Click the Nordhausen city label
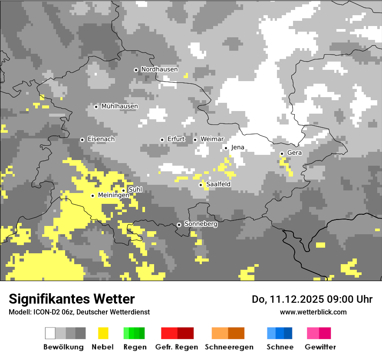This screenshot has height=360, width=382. click(159, 69)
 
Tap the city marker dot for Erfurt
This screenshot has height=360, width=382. click(162, 140)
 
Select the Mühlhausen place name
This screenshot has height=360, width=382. click(119, 106)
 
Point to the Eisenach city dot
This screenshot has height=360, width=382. click(82, 140)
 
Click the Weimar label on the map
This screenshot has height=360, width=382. click(212, 139)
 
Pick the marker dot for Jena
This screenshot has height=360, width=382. click(226, 148)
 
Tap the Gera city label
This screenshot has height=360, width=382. click(294, 153)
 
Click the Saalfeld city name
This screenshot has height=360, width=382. click(218, 184)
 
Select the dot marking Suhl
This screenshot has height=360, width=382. click(123, 190)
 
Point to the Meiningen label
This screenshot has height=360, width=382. click(113, 196)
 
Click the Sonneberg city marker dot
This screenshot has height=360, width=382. click(179, 225)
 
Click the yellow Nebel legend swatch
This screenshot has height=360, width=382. click(103, 333)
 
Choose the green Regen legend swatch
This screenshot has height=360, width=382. click(134, 333)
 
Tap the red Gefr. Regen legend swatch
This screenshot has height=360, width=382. click(177, 333)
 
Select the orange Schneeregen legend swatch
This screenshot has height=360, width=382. click(228, 333)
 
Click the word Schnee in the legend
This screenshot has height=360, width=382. click(280, 347)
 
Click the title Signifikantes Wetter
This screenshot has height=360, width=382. click(72, 299)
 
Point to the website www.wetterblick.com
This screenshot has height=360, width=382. click(313, 312)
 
